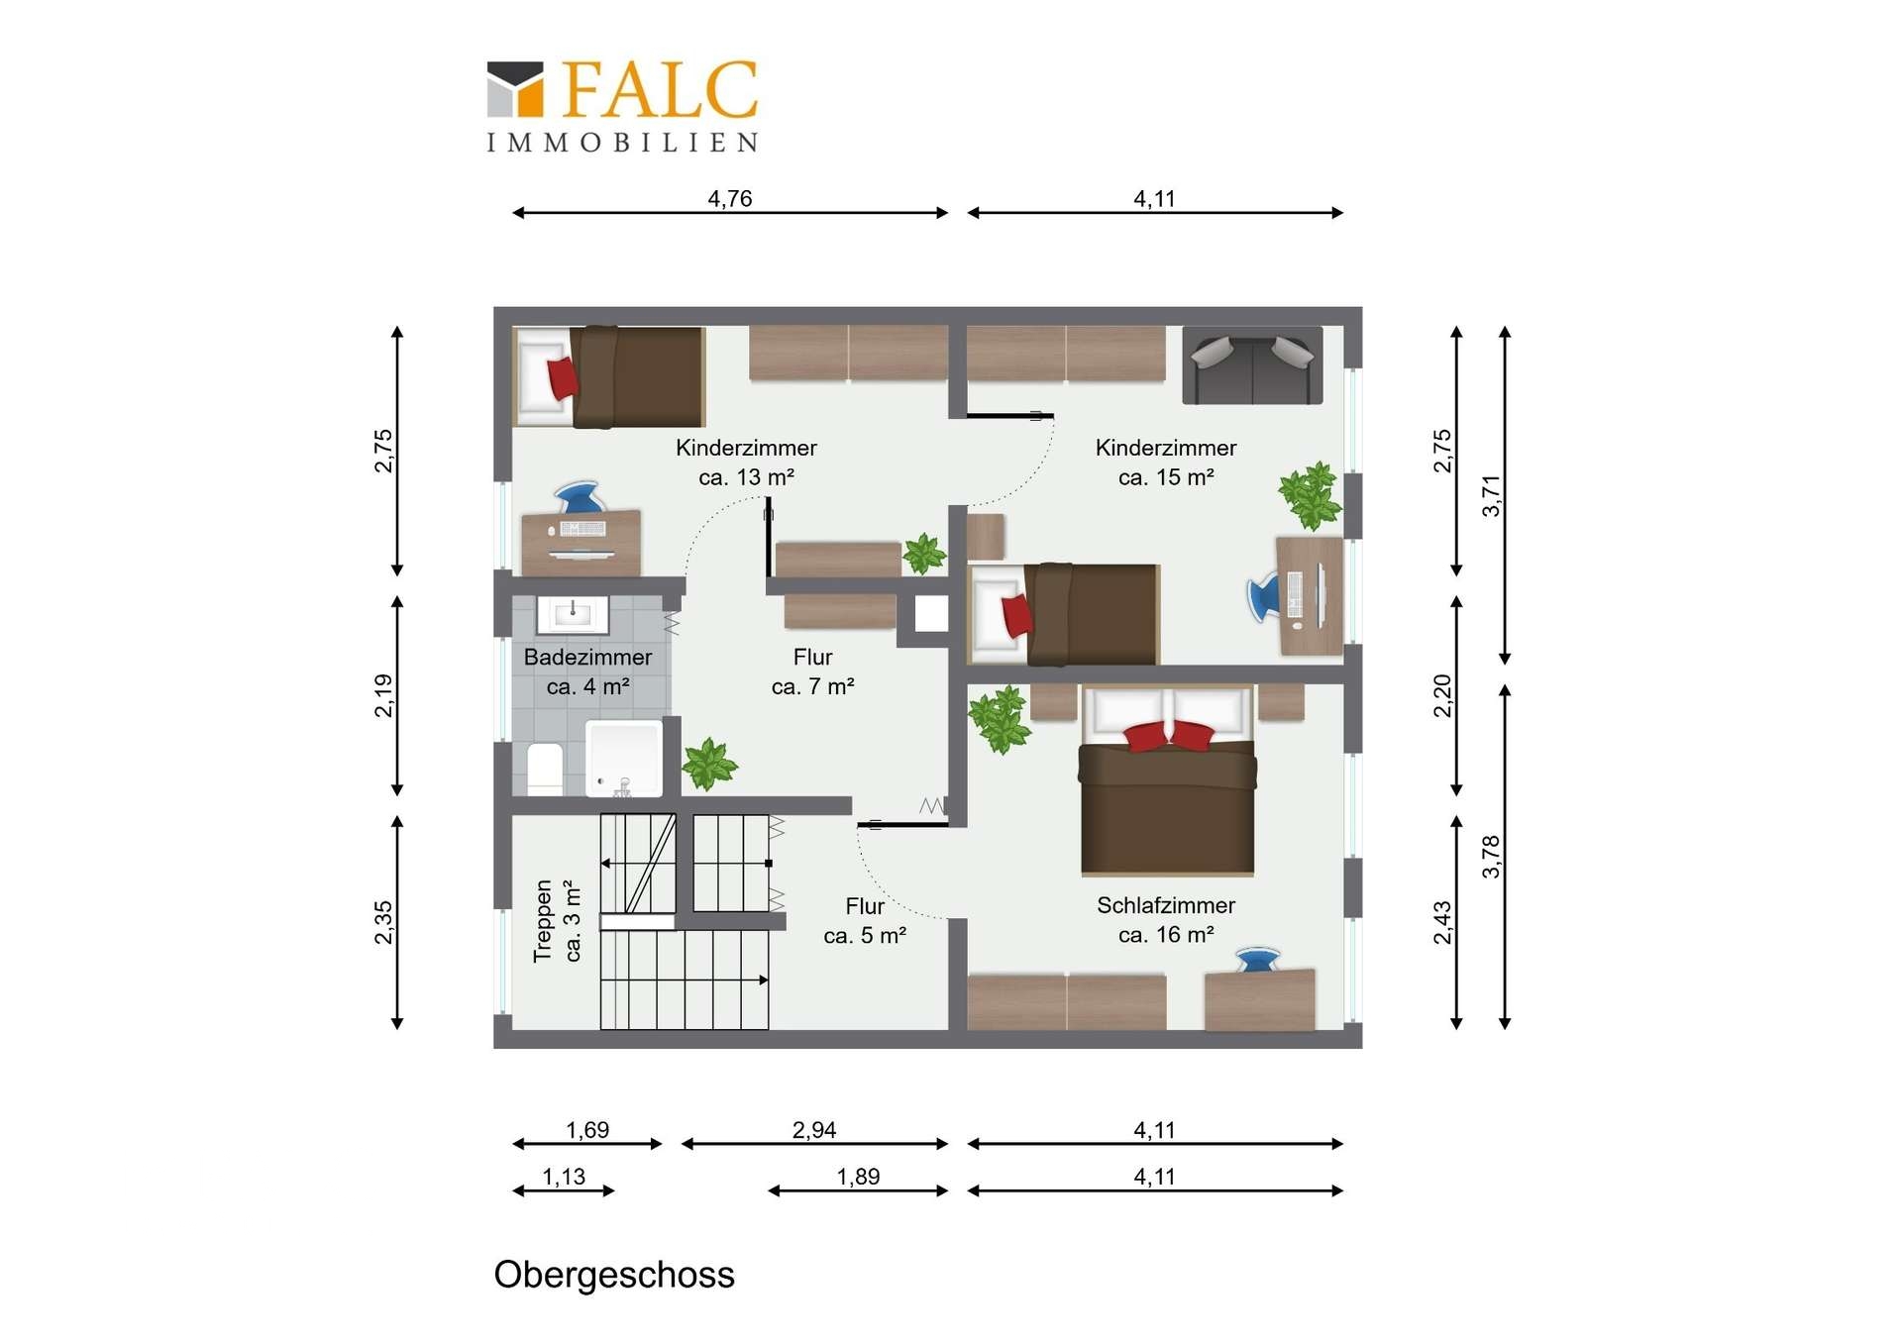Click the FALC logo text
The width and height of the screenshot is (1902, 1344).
(x=660, y=89)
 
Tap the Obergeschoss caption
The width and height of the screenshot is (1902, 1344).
(x=614, y=1275)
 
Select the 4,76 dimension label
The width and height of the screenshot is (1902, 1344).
(x=730, y=198)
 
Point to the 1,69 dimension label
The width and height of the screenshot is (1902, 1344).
(x=587, y=1130)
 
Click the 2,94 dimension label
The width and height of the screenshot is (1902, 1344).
(x=814, y=1130)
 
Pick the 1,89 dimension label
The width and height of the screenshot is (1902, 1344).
(x=858, y=1177)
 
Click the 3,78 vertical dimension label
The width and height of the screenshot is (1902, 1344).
(x=1491, y=857)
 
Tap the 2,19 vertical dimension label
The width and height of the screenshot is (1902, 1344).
(x=383, y=695)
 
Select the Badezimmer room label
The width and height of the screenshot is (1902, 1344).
(x=587, y=657)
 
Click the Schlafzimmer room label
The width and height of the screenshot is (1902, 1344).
(x=1166, y=905)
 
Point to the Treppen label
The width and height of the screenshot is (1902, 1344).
(x=542, y=921)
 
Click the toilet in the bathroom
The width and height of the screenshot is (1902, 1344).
(x=545, y=769)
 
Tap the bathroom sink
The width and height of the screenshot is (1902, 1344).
(x=573, y=614)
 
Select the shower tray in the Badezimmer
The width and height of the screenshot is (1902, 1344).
(x=624, y=759)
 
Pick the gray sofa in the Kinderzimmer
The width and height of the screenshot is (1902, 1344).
(x=1252, y=365)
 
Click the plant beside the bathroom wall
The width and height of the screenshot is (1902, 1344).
(x=709, y=764)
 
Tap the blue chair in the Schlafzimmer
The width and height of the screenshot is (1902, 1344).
(x=1258, y=960)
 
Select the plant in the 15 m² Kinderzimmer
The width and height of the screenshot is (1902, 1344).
(x=1311, y=495)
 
